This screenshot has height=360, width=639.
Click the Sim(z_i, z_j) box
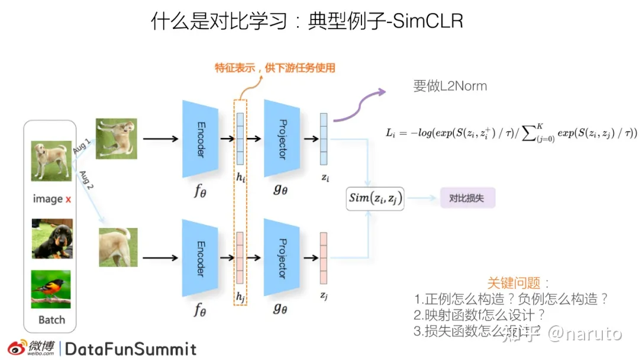(x=375, y=199)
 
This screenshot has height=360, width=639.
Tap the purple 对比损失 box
(x=467, y=198)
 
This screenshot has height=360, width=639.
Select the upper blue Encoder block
(x=199, y=139)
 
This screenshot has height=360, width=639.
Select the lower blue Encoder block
(x=199, y=258)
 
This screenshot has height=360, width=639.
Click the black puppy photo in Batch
(x=52, y=239)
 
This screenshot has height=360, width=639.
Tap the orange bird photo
(x=51, y=289)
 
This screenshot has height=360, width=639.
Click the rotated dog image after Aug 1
(x=117, y=139)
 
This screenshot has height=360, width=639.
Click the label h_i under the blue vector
(x=240, y=177)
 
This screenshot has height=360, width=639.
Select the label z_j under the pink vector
(x=324, y=295)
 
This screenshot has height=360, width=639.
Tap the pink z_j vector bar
(x=324, y=258)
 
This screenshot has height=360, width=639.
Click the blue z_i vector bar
(x=324, y=139)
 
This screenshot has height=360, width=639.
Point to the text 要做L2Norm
(x=450, y=86)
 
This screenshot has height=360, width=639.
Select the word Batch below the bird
(x=51, y=320)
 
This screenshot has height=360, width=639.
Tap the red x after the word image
(x=68, y=199)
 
